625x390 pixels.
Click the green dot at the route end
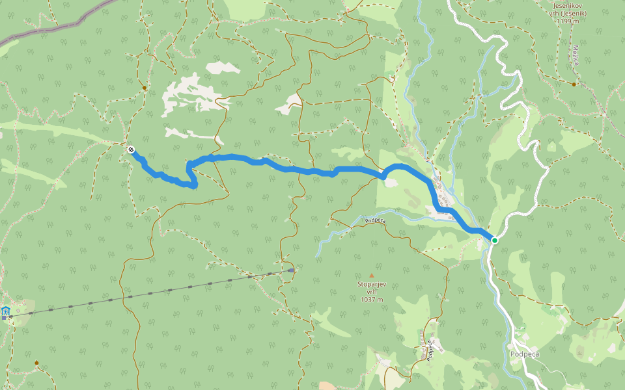tap(495, 240)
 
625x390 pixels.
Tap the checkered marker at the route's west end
tap(132, 149)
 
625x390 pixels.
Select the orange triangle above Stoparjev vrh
tap(372, 276)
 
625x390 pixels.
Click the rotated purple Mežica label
tap(576, 55)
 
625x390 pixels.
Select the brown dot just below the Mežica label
tap(574, 84)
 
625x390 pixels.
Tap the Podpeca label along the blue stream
tap(376, 221)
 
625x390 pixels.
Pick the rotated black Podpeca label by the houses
tap(430, 350)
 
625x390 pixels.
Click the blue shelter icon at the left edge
tap(6, 313)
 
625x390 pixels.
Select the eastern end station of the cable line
tap(291, 270)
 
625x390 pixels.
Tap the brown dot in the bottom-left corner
tap(36, 363)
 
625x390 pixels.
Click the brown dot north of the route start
tap(144, 88)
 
